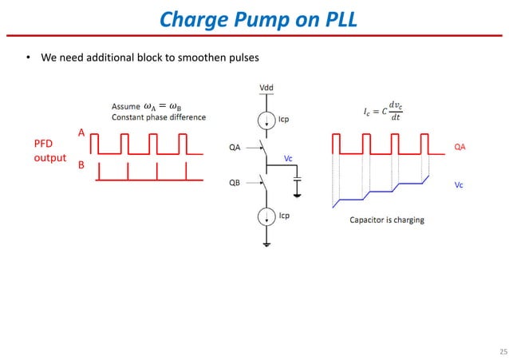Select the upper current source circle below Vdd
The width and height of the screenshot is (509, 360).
coord(264,119)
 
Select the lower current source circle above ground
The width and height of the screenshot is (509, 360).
coord(264,215)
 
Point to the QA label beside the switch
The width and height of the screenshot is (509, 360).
coord(235,146)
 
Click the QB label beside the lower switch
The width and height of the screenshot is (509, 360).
coord(235,182)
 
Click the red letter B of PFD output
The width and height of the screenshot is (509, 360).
coord(81,168)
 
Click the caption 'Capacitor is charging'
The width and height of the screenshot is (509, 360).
coord(387,220)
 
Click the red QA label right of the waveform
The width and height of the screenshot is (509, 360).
coord(460,147)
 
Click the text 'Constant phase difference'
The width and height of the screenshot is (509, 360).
coord(158,117)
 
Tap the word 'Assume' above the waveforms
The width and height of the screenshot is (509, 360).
coord(124,106)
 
